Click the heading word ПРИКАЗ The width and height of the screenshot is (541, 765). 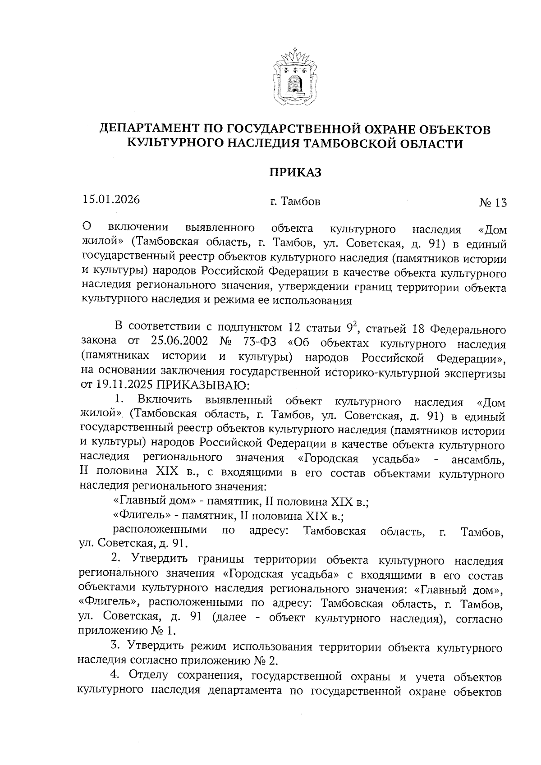click(x=295, y=172)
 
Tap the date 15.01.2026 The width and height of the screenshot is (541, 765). click(x=111, y=199)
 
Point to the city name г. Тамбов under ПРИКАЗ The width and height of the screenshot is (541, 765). click(x=295, y=202)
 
